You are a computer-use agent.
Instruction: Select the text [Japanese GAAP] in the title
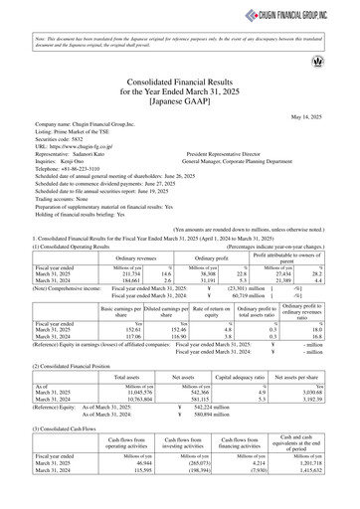pos(180,101)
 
